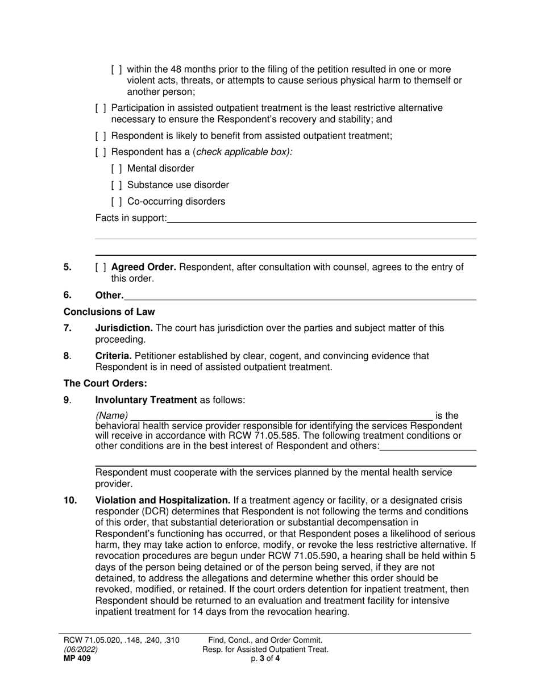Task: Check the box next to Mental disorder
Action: (x=117, y=169)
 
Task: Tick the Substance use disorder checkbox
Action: (x=117, y=185)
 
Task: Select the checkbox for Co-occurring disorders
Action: (x=117, y=202)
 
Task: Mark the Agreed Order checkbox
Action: (x=101, y=268)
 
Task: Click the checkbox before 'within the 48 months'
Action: (x=117, y=70)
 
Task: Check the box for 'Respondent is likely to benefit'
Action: (x=101, y=136)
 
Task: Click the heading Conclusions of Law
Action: (x=109, y=312)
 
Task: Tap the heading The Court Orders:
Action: (x=105, y=384)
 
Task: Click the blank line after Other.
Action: (x=300, y=296)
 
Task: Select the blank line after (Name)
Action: (x=280, y=417)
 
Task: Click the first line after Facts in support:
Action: (x=321, y=219)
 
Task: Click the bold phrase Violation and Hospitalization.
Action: (x=162, y=501)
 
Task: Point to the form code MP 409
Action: (x=76, y=659)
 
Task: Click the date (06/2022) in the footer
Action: (x=80, y=650)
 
